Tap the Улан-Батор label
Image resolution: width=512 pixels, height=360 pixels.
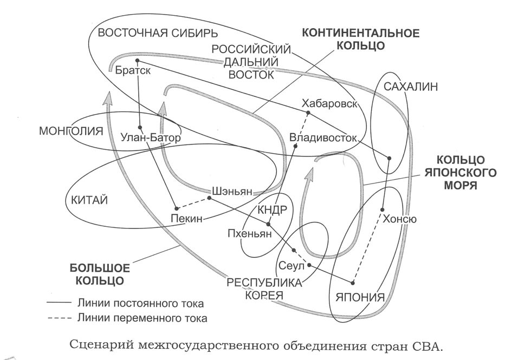click(150, 138)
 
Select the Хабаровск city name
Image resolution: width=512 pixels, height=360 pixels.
click(329, 103)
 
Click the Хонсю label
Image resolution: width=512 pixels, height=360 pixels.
click(399, 219)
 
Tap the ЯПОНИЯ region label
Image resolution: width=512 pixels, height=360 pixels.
click(360, 298)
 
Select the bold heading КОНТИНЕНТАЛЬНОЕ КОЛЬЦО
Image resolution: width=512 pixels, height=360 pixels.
click(361, 39)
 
